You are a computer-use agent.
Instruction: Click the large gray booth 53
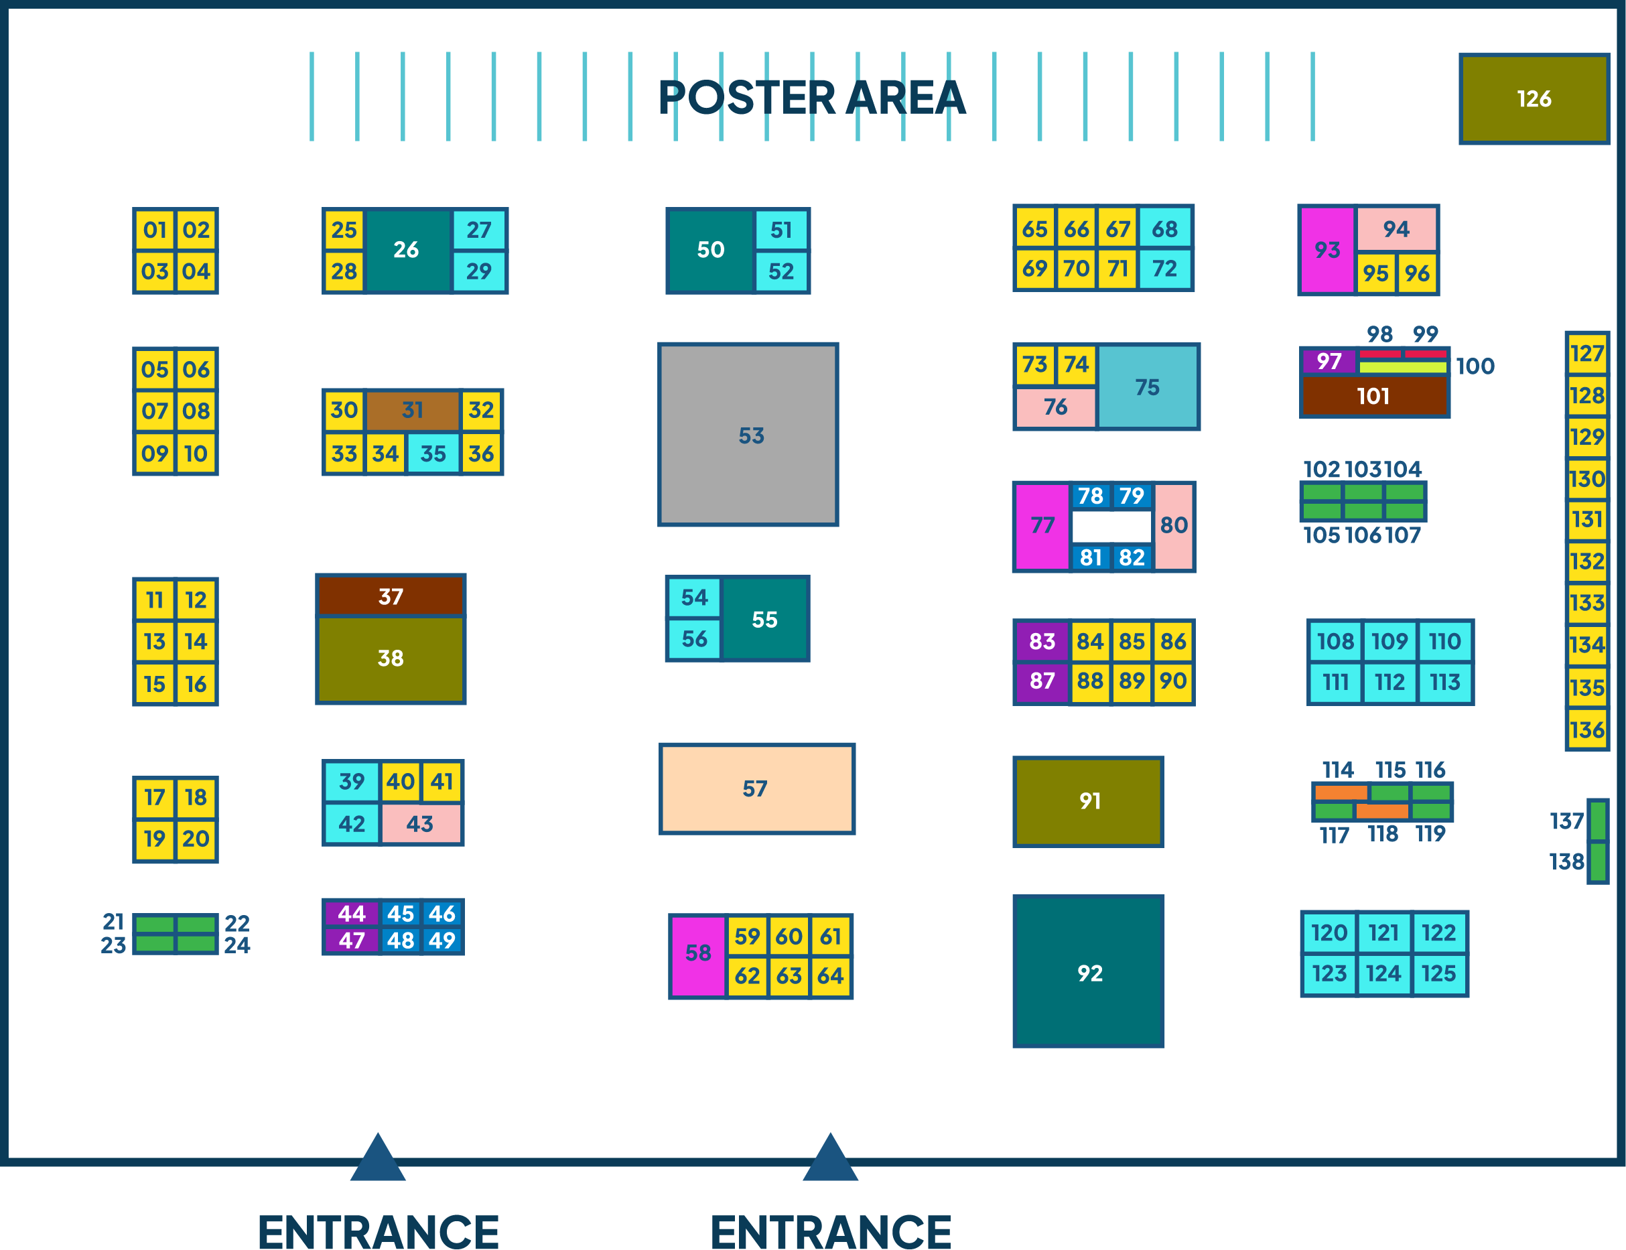[x=748, y=435]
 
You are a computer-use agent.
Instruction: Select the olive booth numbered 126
[x=1534, y=98]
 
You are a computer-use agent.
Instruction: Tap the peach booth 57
[x=757, y=788]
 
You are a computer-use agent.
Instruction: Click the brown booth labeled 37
[x=391, y=596]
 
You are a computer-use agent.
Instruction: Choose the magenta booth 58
[x=698, y=956]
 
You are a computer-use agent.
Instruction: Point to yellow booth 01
[x=155, y=230]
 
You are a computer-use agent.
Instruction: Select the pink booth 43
[x=421, y=824]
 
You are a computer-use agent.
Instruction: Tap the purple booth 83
[x=1042, y=641]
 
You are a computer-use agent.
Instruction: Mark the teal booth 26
[x=408, y=251]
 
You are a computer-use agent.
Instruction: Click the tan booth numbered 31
[x=412, y=410]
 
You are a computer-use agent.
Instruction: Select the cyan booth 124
[x=1384, y=974]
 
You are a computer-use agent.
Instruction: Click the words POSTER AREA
[x=812, y=98]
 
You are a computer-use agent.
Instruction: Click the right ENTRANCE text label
[x=831, y=1231]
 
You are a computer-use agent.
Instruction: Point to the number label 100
[x=1475, y=366]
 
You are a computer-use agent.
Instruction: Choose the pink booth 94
[x=1397, y=229]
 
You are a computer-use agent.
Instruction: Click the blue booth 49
[x=442, y=941]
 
